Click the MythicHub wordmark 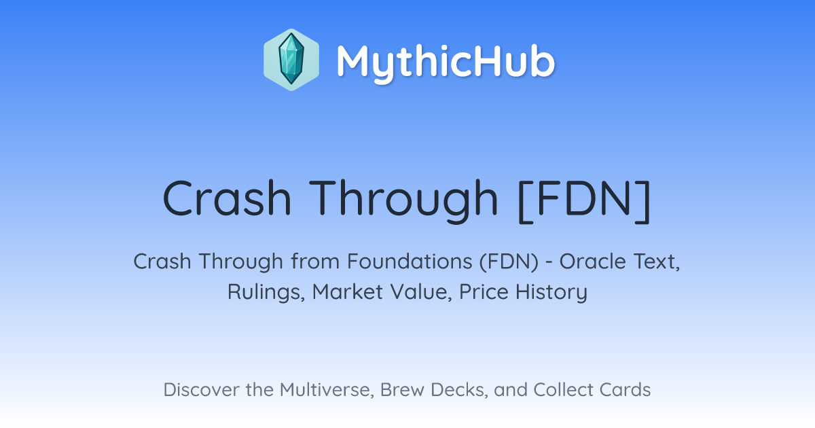point(446,62)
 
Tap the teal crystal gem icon point(291,59)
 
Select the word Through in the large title point(403,201)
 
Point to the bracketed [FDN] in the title point(584,201)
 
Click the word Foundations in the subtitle point(410,262)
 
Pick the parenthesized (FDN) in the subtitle point(509,262)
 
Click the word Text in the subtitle point(655,262)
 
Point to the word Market point(348,292)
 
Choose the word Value point(421,292)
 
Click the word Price point(484,292)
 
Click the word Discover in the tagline point(201,390)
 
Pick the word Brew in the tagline point(402,390)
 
